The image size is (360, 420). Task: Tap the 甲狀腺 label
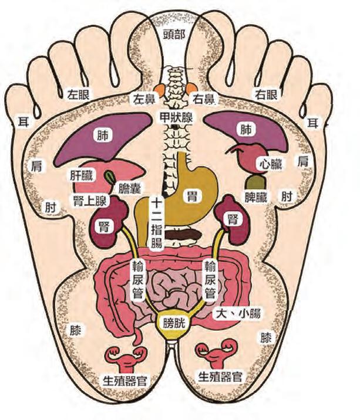(x=175, y=116)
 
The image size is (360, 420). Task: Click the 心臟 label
(x=270, y=164)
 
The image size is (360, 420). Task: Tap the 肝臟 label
(x=82, y=175)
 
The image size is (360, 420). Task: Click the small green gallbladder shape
(x=110, y=176)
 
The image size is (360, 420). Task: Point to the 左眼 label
(x=78, y=93)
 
